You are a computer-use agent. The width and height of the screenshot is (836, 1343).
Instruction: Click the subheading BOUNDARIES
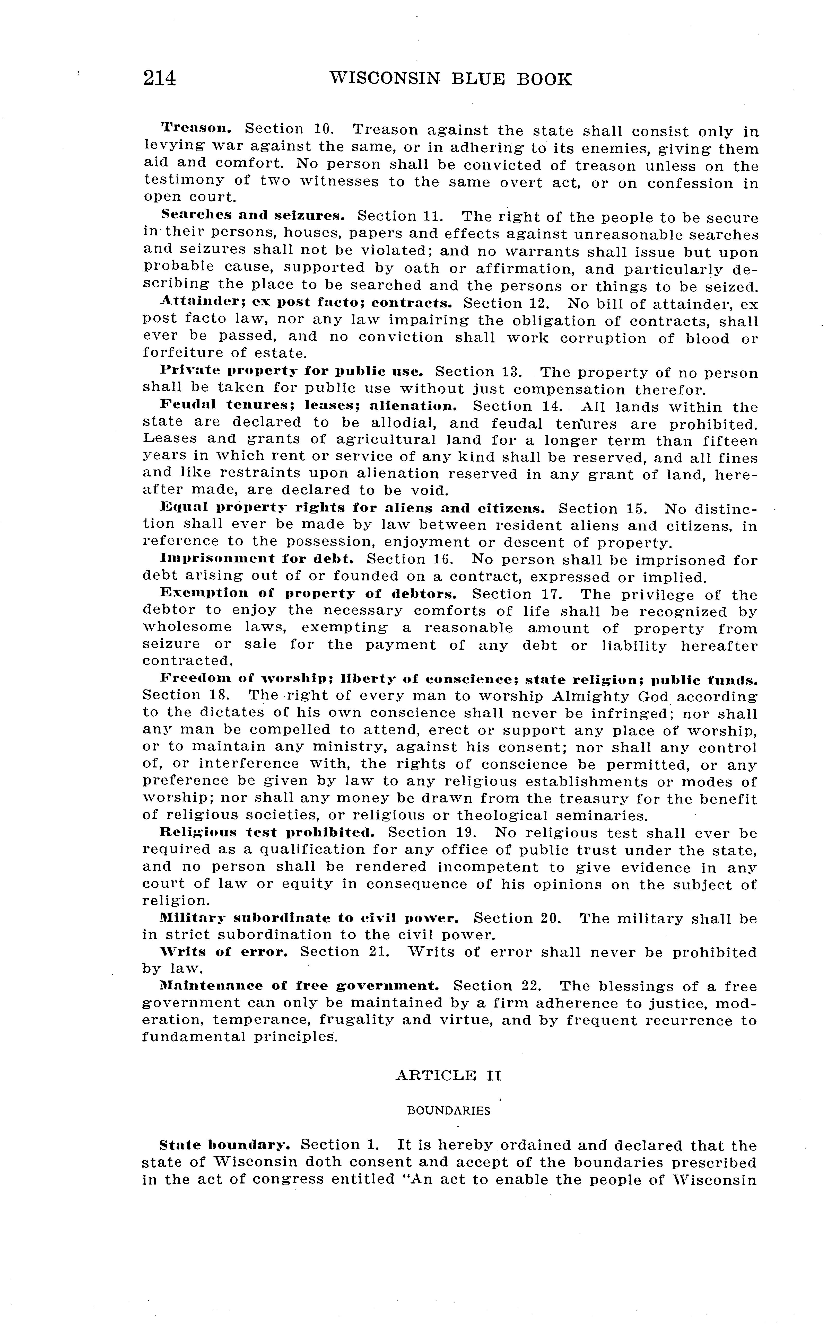pyautogui.click(x=448, y=1111)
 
